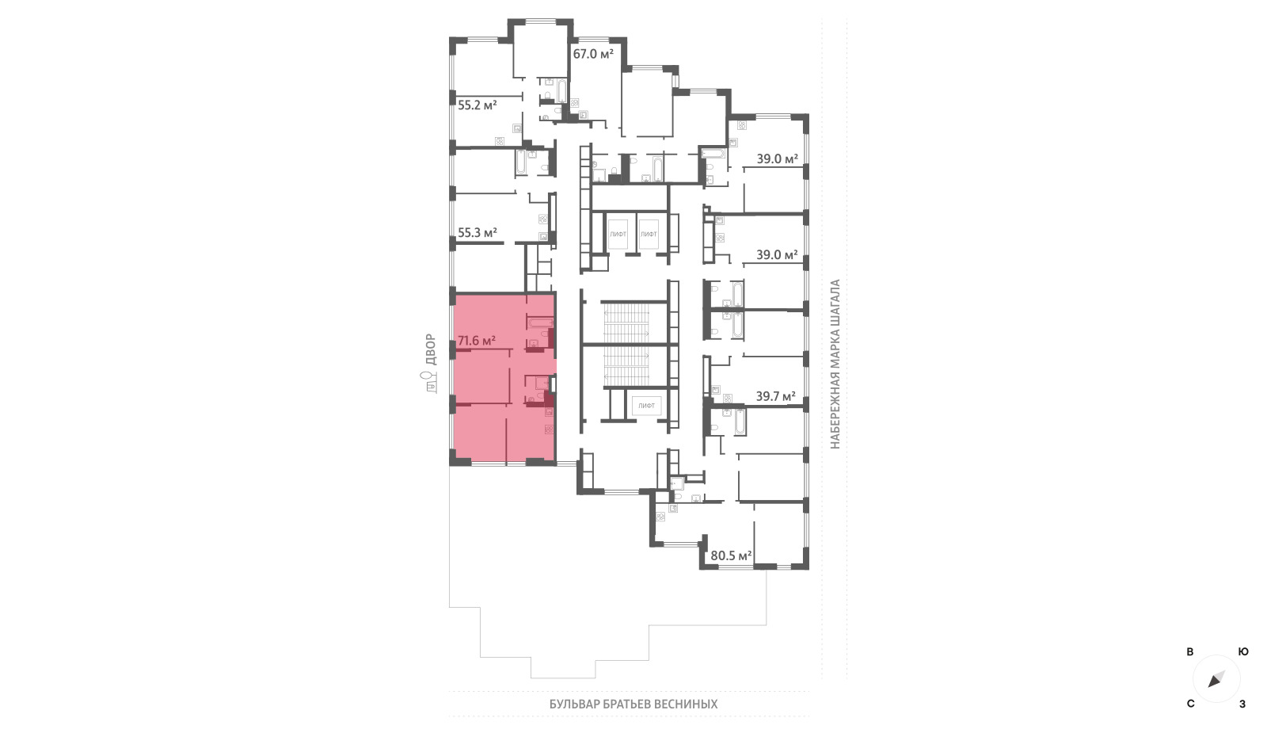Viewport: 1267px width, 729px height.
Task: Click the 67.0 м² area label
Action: (593, 55)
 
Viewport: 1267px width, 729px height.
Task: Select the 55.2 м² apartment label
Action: (478, 105)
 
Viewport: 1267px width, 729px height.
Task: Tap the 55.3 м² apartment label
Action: (478, 233)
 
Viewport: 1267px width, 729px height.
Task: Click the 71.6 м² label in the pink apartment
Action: (477, 341)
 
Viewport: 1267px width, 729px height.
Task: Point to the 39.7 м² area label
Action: (776, 396)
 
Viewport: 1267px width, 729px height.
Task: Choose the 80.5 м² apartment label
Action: (731, 555)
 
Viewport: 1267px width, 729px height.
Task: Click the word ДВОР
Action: (431, 349)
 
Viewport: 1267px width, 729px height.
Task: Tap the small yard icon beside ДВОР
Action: (431, 382)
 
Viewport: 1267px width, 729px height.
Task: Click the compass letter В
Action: (1190, 652)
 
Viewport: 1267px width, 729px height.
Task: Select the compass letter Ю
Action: (1243, 652)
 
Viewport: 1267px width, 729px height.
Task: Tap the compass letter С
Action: (1191, 704)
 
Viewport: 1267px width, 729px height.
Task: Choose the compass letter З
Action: (1242, 704)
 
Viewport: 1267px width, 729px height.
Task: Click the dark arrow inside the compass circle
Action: (1216, 679)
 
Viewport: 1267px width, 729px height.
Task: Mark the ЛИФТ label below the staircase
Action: (646, 406)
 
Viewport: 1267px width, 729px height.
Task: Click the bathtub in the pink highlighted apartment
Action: (540, 323)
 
